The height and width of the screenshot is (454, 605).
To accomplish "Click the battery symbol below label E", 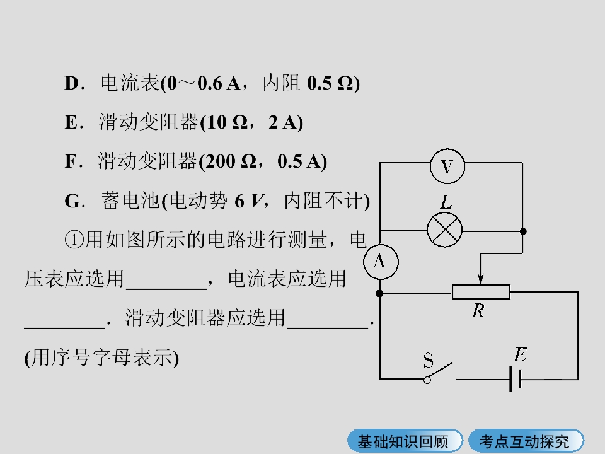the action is pyautogui.click(x=516, y=380).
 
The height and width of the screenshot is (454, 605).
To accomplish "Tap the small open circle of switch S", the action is pyautogui.click(x=427, y=380).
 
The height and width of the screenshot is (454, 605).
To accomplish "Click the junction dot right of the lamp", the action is pyautogui.click(x=523, y=231).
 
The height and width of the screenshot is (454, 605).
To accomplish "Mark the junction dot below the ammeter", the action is pyautogui.click(x=379, y=293).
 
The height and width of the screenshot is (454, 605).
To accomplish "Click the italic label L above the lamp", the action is pyautogui.click(x=446, y=202).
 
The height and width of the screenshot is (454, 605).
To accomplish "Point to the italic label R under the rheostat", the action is pyautogui.click(x=478, y=310).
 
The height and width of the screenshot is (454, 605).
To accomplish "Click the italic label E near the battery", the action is pyautogui.click(x=521, y=354).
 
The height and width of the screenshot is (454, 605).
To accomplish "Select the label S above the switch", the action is pyautogui.click(x=429, y=360).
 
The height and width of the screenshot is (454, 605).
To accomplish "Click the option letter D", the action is pyautogui.click(x=72, y=83).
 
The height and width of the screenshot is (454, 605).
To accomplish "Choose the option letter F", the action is pyautogui.click(x=71, y=161).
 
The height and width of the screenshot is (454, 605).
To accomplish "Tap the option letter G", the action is pyautogui.click(x=72, y=201).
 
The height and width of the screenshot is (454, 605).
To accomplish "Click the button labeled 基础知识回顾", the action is pyautogui.click(x=405, y=441).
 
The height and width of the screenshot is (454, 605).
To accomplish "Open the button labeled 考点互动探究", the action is pyautogui.click(x=526, y=441).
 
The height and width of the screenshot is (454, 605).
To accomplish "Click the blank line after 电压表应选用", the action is pyautogui.click(x=166, y=288).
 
